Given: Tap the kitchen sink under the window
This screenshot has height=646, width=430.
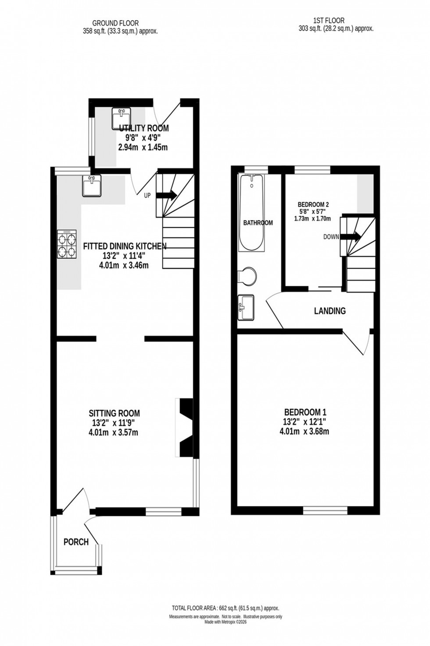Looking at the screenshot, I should pyautogui.click(x=91, y=185).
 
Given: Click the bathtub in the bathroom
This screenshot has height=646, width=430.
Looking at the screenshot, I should pyautogui.click(x=251, y=213).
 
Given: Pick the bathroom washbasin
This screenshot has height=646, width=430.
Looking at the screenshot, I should pyautogui.click(x=245, y=308).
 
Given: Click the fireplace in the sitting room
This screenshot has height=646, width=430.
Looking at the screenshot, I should pyautogui.click(x=185, y=428).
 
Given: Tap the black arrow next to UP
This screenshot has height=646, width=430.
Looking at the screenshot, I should pyautogui.click(x=166, y=195).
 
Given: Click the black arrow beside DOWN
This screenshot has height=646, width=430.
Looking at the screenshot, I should pyautogui.click(x=350, y=237).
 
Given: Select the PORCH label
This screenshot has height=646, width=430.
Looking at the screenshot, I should pyautogui.click(x=76, y=542).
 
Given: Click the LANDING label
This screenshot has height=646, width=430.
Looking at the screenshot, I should pyautogui.click(x=330, y=311).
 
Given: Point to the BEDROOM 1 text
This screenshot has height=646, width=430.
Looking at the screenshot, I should pyautogui.click(x=305, y=413).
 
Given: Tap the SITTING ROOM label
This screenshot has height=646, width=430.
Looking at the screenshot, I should pyautogui.click(x=114, y=413).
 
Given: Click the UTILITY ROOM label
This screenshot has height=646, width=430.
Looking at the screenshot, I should pyautogui.click(x=144, y=128).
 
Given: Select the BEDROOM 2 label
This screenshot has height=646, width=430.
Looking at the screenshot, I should pyautogui.click(x=313, y=204).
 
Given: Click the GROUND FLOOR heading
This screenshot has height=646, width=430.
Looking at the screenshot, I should pyautogui.click(x=115, y=23).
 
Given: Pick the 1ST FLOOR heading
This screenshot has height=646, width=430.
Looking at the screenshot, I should pyautogui.click(x=329, y=20).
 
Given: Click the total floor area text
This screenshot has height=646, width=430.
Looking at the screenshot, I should pyautogui.click(x=226, y=608).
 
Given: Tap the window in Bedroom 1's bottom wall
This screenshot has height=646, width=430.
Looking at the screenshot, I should pyautogui.click(x=325, y=510).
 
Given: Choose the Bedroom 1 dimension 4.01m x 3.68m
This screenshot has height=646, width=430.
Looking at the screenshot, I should pyautogui.click(x=304, y=432).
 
